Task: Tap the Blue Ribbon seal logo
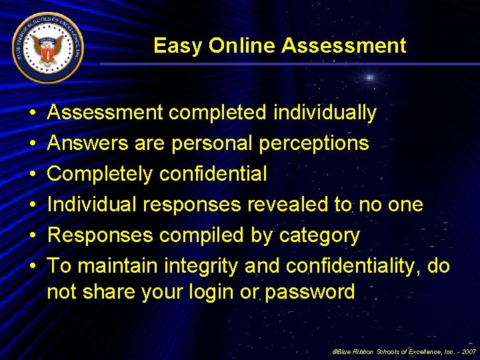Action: [x=47, y=47]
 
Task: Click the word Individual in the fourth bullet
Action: [x=93, y=205]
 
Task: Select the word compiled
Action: [x=193, y=235]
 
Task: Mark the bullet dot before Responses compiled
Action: [x=32, y=235]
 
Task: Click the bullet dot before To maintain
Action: [x=32, y=266]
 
